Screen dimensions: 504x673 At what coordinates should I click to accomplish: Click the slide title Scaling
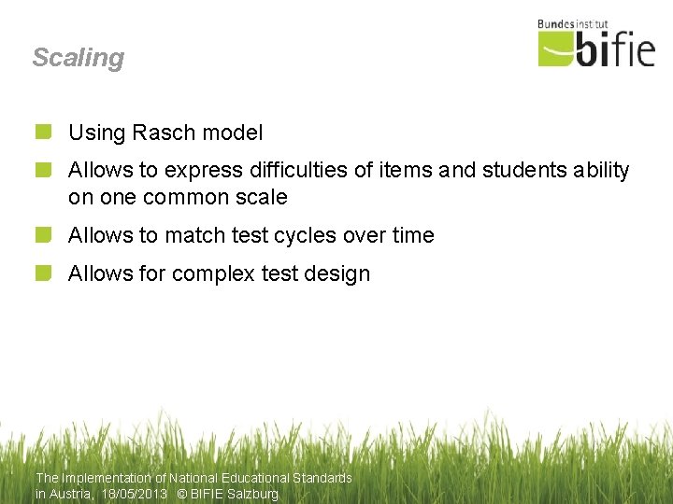[x=78, y=58]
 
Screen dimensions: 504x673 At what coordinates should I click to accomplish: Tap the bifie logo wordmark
[x=598, y=49]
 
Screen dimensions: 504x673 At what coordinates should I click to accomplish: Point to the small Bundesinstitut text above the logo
[x=573, y=24]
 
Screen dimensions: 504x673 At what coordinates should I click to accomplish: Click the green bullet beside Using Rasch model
[x=43, y=133]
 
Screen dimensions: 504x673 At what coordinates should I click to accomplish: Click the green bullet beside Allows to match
[x=43, y=235]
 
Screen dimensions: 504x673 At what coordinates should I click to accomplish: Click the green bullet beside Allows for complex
[x=43, y=273]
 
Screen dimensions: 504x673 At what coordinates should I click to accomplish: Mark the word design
[x=337, y=274]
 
